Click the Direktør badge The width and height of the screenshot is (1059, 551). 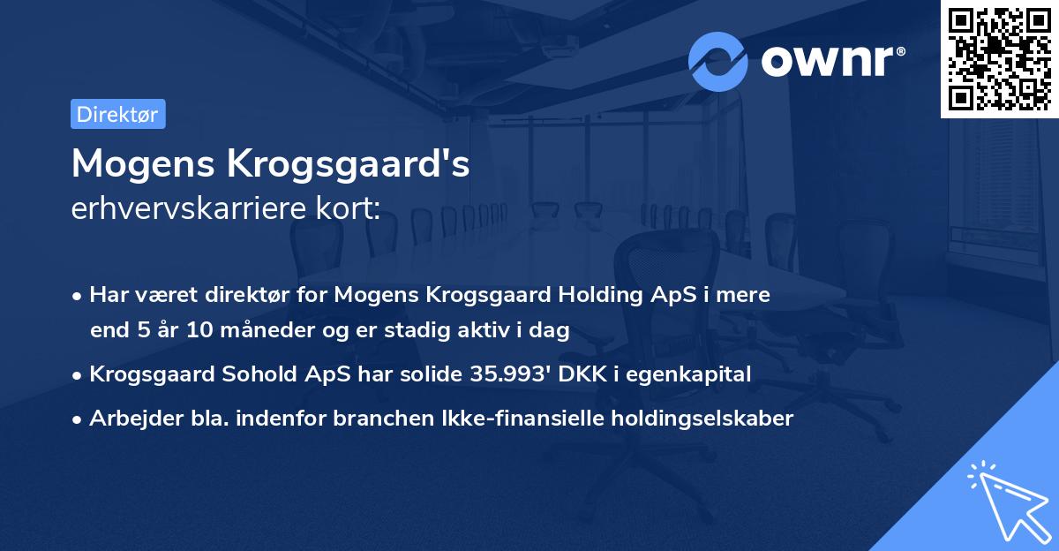click(117, 114)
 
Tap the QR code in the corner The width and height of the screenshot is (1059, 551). click(1000, 58)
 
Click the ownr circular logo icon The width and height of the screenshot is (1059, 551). click(718, 62)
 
